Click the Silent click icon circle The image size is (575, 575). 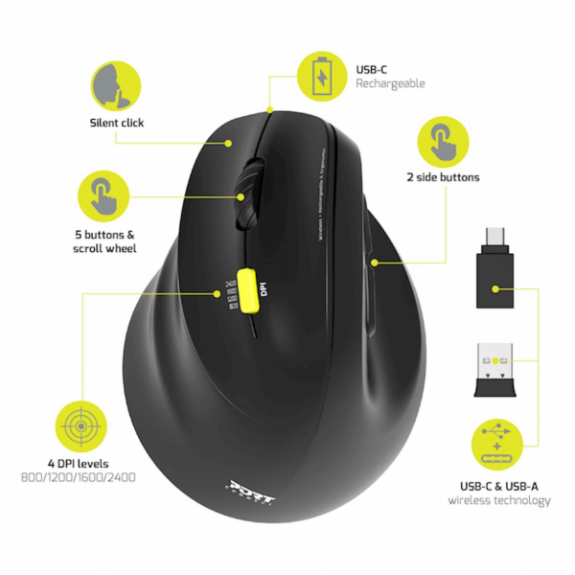click(x=117, y=84)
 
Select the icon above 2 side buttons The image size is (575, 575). click(x=443, y=141)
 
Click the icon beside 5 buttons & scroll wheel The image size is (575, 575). click(x=103, y=197)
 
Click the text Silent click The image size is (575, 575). click(x=117, y=123)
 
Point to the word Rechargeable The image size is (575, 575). click(x=390, y=83)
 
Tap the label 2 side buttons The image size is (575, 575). click(x=443, y=177)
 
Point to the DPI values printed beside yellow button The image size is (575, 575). click(x=230, y=289)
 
